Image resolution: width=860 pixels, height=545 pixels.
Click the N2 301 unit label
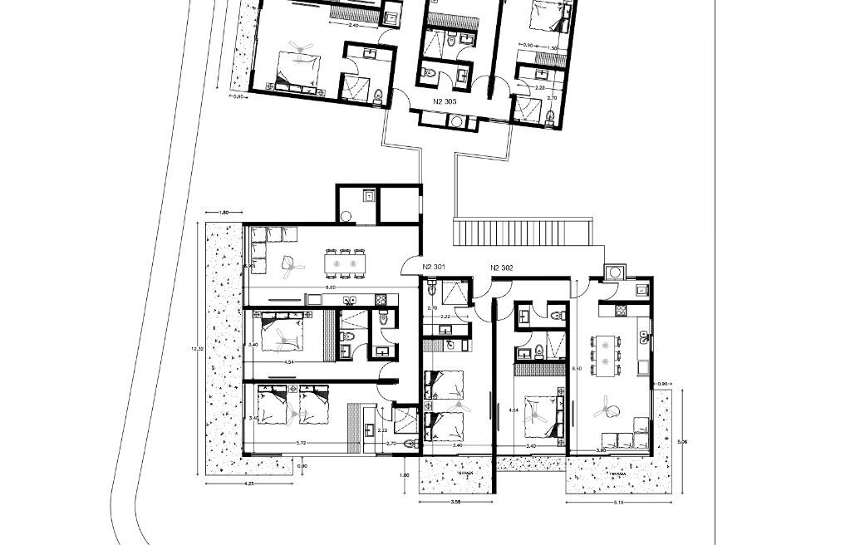(434, 267)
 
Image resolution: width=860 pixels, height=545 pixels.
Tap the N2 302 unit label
(503, 267)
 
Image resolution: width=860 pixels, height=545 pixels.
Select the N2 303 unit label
(446, 101)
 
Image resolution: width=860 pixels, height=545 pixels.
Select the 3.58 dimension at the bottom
(455, 503)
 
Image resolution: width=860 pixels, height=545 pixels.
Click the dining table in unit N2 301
(346, 263)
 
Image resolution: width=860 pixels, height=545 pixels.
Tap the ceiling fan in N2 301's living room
(290, 263)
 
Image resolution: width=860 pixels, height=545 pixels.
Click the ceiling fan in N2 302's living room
(607, 410)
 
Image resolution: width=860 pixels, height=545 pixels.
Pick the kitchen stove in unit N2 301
(381, 298)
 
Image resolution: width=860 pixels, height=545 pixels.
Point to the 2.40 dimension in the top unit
(353, 26)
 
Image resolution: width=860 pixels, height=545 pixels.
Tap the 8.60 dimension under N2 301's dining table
(331, 287)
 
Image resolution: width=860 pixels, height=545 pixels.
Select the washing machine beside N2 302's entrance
(614, 272)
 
